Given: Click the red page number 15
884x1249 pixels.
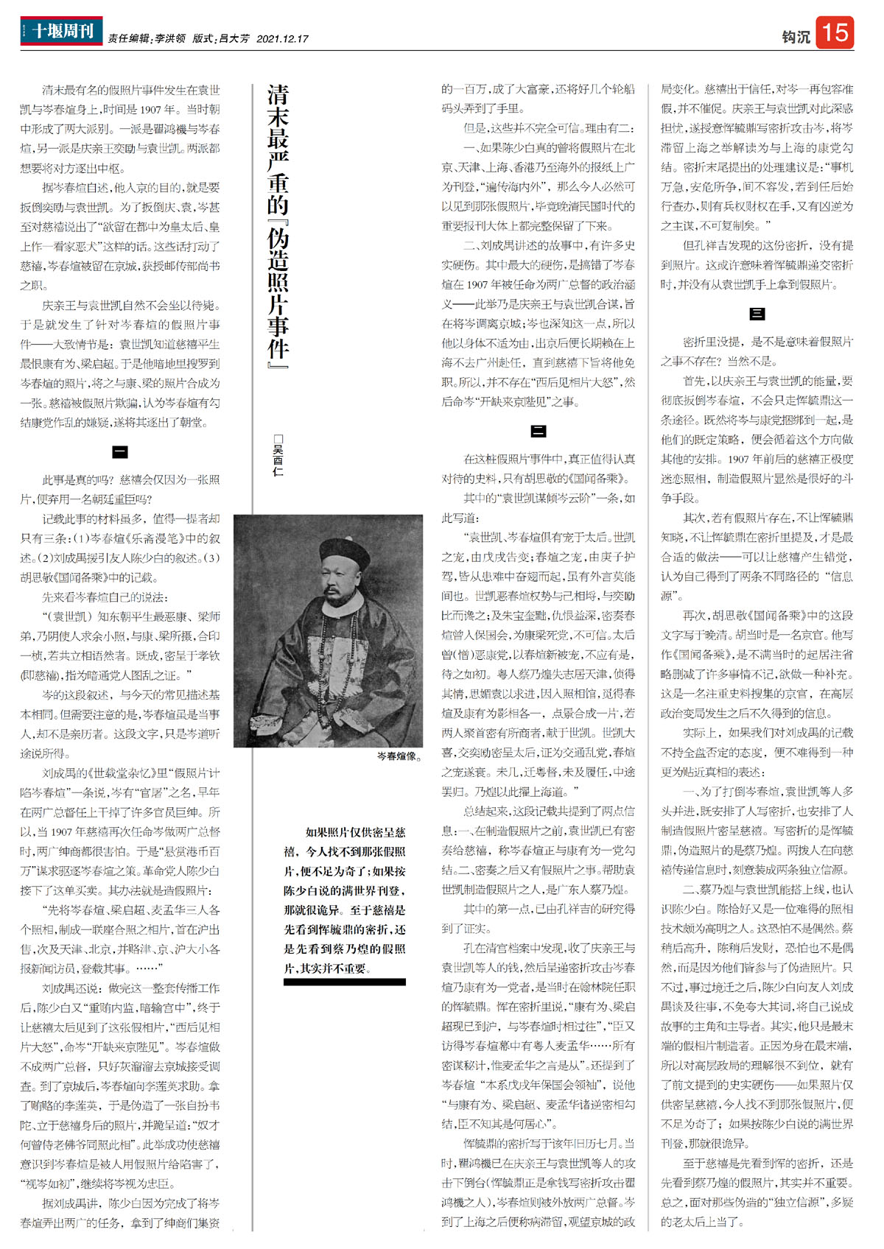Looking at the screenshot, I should point(835,33).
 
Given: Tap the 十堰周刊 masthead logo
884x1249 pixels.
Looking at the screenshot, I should point(62,32).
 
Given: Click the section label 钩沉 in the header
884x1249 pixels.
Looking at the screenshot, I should point(795,37).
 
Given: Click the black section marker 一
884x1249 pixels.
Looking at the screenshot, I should point(120,451).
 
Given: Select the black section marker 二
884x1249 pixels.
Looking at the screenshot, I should point(538,432).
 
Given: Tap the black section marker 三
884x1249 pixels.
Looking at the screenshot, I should point(757,314).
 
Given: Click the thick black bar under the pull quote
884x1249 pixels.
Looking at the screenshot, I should point(345,982).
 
